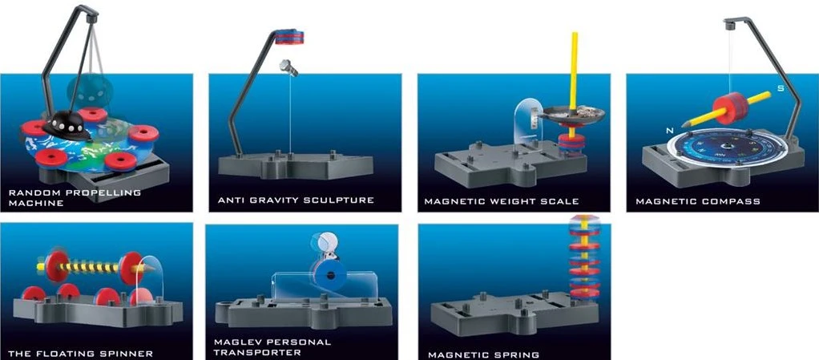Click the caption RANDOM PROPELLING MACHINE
tap(75, 197)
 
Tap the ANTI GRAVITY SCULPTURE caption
tap(297, 200)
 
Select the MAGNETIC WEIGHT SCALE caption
tap(502, 201)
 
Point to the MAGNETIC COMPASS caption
tap(698, 201)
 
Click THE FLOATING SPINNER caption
tap(81, 354)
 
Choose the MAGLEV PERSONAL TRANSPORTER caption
tap(272, 347)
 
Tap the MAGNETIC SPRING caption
tap(484, 354)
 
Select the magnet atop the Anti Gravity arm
tap(288, 37)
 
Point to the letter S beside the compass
tap(781, 88)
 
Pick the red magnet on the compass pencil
tap(728, 108)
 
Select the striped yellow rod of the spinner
tap(90, 268)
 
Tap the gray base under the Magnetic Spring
tap(515, 313)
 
